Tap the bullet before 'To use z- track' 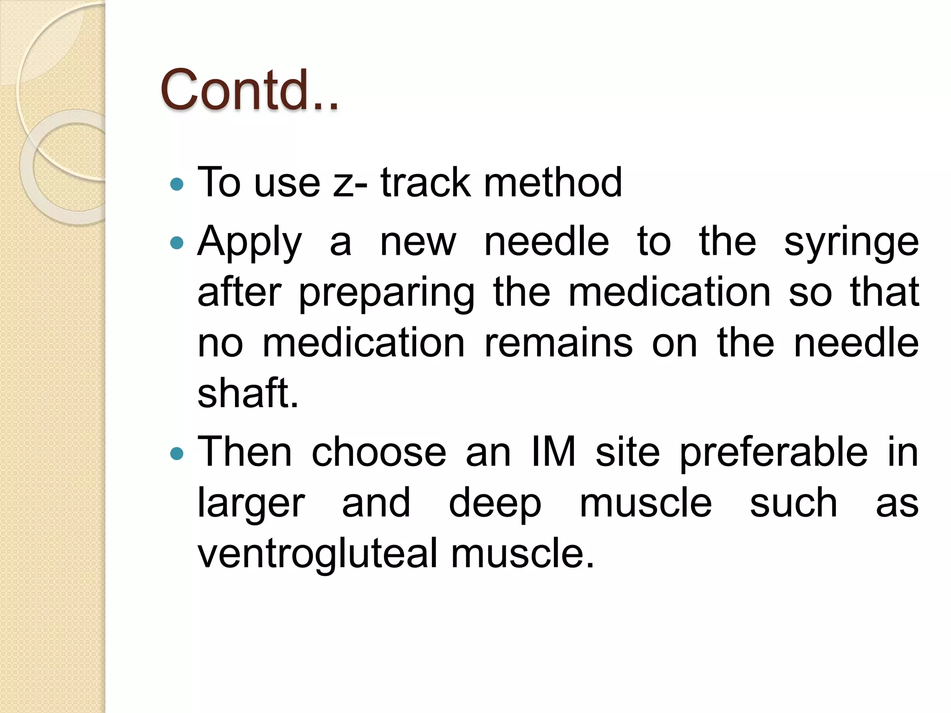click(x=177, y=185)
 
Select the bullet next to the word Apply click(x=177, y=243)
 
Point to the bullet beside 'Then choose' click(x=177, y=453)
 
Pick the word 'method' click(x=553, y=182)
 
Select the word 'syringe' click(x=851, y=243)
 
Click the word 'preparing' click(x=386, y=293)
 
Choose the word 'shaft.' click(x=248, y=393)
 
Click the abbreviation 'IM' click(x=553, y=452)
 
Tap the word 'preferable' click(x=774, y=453)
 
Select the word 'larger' click(x=251, y=504)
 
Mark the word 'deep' click(x=495, y=504)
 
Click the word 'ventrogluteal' click(x=318, y=554)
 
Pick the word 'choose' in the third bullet click(x=379, y=452)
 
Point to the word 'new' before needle click(x=418, y=243)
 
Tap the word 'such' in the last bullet click(x=794, y=503)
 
